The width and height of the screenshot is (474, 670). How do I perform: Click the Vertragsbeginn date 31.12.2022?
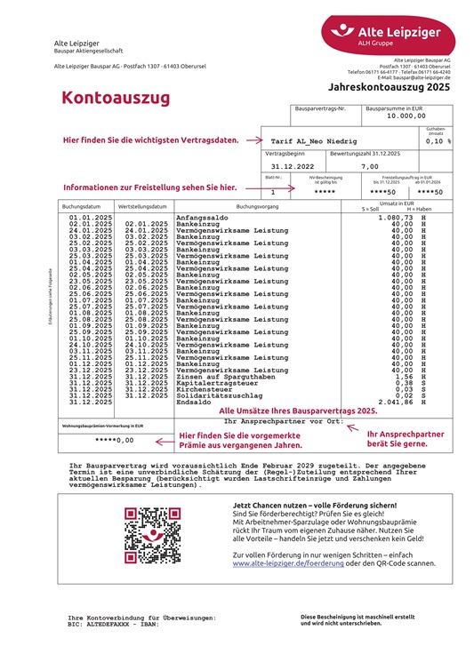point(293,166)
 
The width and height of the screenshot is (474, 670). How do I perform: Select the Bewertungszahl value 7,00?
point(369,166)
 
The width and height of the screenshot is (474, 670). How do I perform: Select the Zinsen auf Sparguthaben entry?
point(225,377)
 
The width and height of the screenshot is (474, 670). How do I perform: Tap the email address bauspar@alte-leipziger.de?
point(421,77)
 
